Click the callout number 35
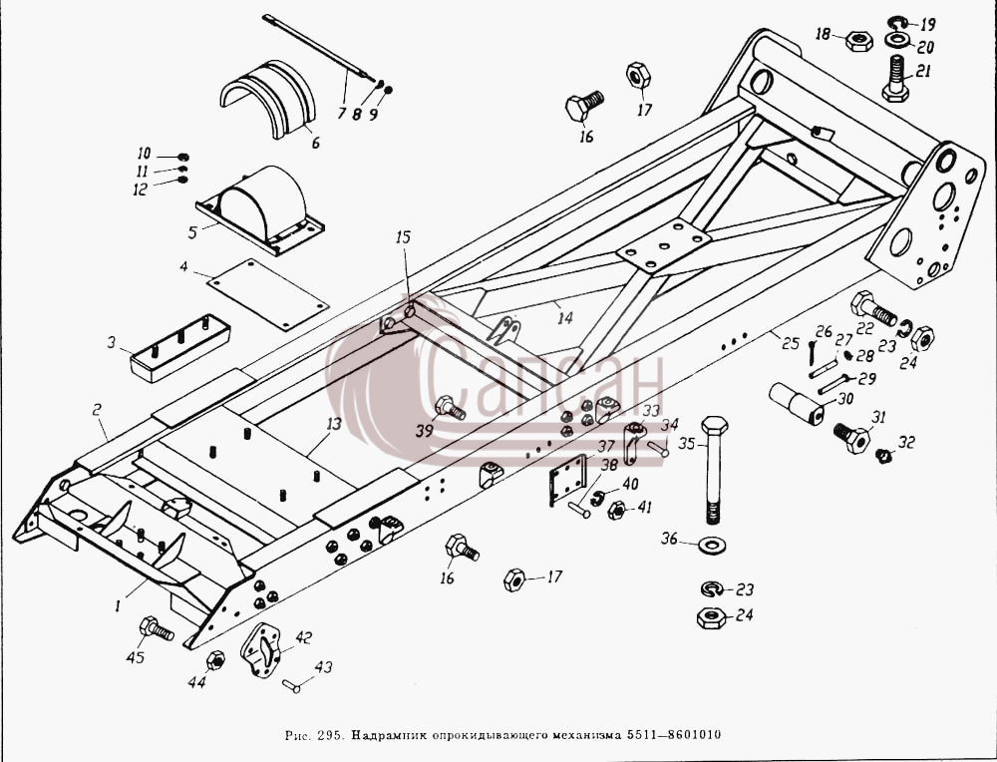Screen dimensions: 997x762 click(687, 443)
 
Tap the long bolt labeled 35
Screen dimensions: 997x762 click(714, 470)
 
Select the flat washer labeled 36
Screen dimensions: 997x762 click(712, 546)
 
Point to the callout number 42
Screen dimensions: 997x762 click(303, 637)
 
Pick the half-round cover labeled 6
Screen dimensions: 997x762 click(267, 99)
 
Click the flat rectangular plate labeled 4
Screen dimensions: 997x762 click(267, 294)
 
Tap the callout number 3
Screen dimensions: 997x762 click(112, 343)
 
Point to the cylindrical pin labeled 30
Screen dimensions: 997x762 click(796, 403)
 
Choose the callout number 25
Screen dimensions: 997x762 click(791, 343)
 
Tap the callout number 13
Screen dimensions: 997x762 click(334, 423)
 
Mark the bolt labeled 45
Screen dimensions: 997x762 click(157, 628)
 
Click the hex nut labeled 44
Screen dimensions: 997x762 click(215, 660)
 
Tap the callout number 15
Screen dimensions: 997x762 click(403, 237)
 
